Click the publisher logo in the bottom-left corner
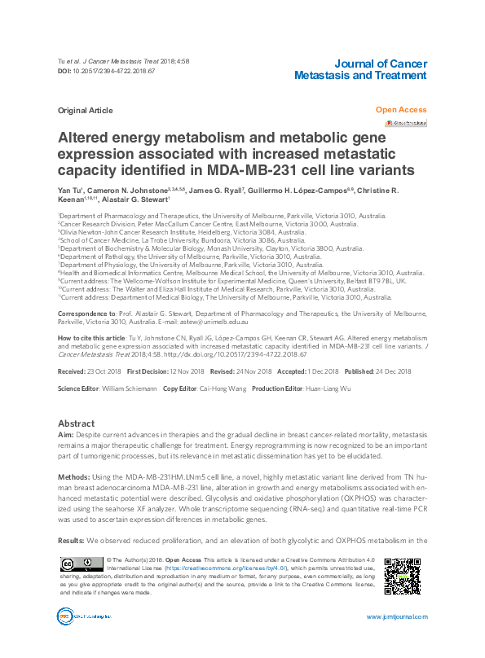click(x=76, y=616)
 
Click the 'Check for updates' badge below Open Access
click(x=410, y=123)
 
